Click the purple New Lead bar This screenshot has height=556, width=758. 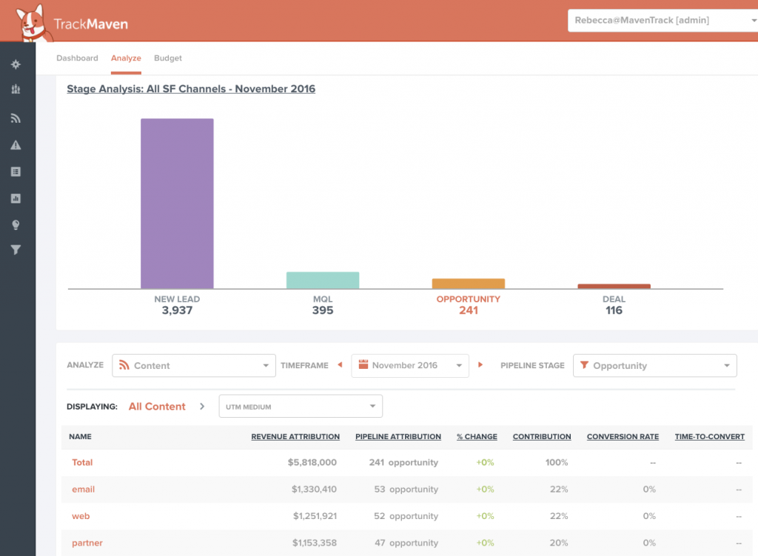[177, 203]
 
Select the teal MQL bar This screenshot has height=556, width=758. [323, 280]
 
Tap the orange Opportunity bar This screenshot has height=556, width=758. [469, 283]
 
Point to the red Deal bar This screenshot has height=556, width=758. [614, 286]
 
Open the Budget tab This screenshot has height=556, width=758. [168, 58]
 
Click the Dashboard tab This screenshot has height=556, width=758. [77, 58]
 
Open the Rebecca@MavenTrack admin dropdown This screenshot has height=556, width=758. [663, 20]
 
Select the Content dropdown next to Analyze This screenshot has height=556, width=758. [194, 365]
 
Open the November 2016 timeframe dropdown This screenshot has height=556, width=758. [410, 365]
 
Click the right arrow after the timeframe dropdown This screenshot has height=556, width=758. [480, 365]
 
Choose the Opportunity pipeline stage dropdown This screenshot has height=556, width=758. [655, 365]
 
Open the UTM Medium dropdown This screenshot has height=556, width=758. [301, 407]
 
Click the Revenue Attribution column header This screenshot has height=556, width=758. [295, 436]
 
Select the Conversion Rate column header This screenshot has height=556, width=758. [623, 436]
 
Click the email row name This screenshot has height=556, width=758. [83, 489]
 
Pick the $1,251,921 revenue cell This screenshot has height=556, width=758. [315, 516]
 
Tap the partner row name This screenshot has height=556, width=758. [87, 543]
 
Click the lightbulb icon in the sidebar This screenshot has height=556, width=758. [16, 225]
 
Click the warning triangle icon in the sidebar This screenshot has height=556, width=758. [16, 145]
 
